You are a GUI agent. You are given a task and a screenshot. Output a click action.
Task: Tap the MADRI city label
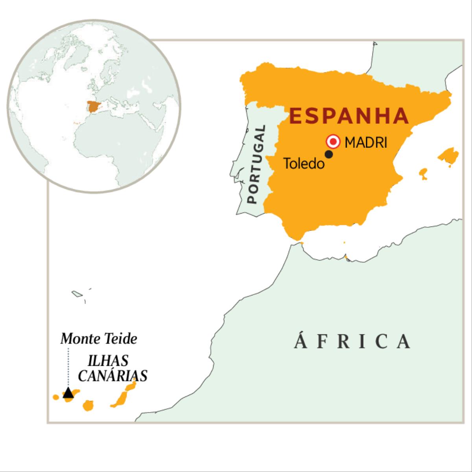366,143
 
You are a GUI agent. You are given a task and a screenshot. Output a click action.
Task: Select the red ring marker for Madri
333,141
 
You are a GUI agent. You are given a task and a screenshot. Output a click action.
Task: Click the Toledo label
304,164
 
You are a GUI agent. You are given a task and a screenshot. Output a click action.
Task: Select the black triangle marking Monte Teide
68,393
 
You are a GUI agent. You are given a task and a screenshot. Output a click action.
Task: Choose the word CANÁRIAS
112,376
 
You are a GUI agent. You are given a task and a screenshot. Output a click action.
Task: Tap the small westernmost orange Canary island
56,397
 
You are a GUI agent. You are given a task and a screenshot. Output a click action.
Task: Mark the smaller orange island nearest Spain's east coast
423,173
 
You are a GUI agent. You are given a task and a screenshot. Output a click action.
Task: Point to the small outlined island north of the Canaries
76,293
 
